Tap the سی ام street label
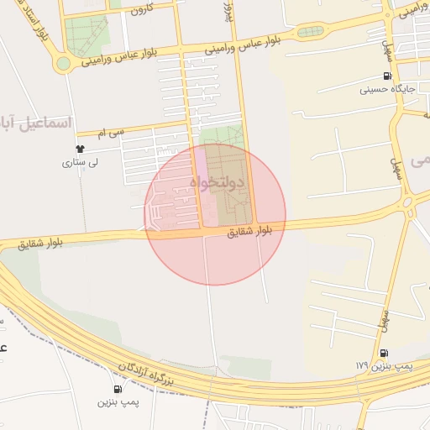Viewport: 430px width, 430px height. pyautogui.click(x=110, y=132)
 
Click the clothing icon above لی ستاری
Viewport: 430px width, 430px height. pyautogui.click(x=81, y=149)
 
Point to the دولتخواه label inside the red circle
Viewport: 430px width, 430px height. pyautogui.click(x=216, y=181)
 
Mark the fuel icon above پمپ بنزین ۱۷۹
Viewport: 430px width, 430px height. pyautogui.click(x=384, y=353)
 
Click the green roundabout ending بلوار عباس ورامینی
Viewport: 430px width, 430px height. pyautogui.click(x=63, y=64)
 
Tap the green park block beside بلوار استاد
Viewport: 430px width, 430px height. pyautogui.click(x=87, y=34)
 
